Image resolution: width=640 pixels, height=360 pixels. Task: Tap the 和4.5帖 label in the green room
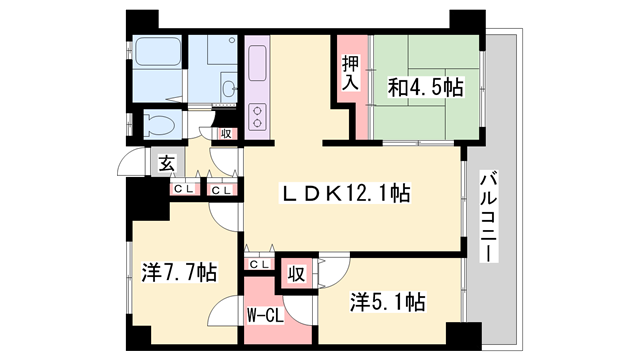click(x=426, y=88)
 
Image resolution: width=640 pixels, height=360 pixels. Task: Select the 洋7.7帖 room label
click(x=179, y=272)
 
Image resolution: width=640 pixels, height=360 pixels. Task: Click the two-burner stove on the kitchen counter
click(x=257, y=117)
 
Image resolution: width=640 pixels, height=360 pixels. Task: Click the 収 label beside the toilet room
click(x=226, y=133)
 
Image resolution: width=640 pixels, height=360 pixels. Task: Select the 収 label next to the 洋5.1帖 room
click(x=296, y=272)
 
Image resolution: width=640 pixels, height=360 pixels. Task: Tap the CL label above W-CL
click(x=258, y=264)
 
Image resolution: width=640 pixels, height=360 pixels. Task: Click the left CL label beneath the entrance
click(x=183, y=188)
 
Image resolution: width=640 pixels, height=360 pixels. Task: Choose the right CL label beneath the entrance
click(x=222, y=188)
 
